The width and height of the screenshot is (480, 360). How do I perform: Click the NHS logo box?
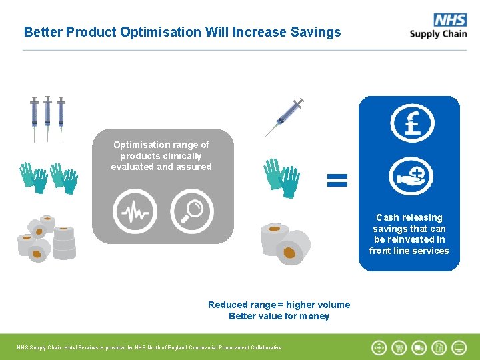click(450, 19)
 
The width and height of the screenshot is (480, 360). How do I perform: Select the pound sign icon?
click(411, 124)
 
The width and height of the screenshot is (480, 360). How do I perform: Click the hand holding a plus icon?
click(411, 177)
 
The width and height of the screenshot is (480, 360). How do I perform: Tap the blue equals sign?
click(337, 179)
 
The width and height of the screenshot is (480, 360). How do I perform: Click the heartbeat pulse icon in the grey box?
click(135, 211)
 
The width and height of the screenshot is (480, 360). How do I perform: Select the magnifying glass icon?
click(191, 211)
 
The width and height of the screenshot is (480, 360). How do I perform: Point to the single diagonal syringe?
click(285, 117)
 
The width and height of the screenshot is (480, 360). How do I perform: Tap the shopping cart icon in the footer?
click(399, 347)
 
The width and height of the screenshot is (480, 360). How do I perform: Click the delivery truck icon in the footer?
click(419, 347)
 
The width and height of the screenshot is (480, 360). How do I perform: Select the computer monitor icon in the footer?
click(459, 347)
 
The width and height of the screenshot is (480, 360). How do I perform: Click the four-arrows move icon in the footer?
click(379, 347)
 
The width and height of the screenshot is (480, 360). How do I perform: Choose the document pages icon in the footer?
click(439, 347)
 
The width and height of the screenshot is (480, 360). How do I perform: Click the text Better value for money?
click(279, 316)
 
